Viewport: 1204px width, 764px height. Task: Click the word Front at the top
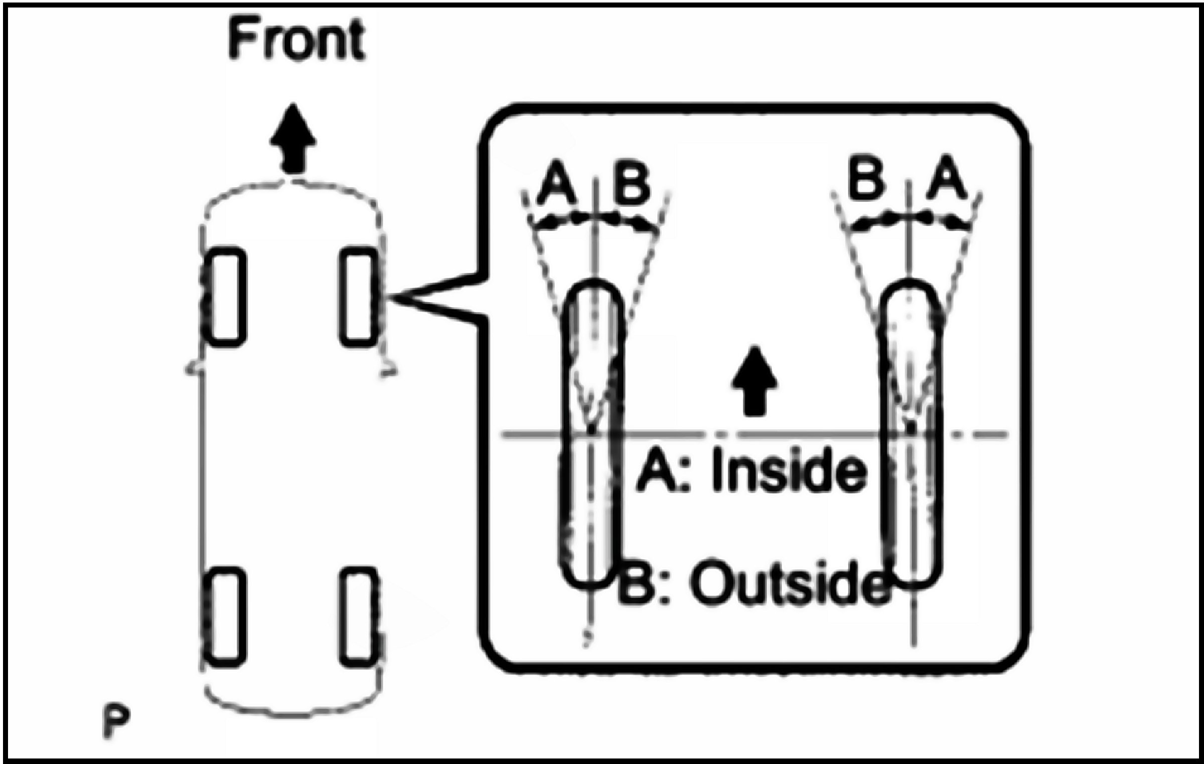[296, 41]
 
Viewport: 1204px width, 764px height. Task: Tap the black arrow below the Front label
[293, 139]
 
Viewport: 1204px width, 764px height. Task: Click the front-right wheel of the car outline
[358, 297]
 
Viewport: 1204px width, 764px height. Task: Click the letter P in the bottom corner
[116, 722]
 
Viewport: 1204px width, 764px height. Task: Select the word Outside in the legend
[789, 584]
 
